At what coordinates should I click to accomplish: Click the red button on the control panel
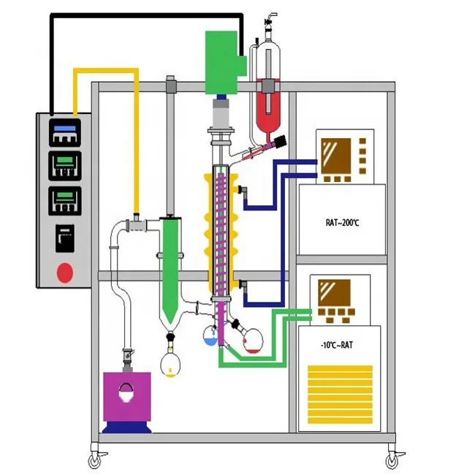click(x=65, y=273)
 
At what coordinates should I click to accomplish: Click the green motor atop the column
click(x=222, y=62)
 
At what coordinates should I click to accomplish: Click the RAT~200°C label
click(x=341, y=221)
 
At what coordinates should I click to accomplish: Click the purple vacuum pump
click(x=127, y=398)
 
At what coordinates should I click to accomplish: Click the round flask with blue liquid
click(x=210, y=335)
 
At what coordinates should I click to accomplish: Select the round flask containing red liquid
click(x=252, y=341)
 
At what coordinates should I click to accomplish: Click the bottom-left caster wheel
click(x=95, y=461)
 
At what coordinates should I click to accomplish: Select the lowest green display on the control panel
click(x=65, y=199)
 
